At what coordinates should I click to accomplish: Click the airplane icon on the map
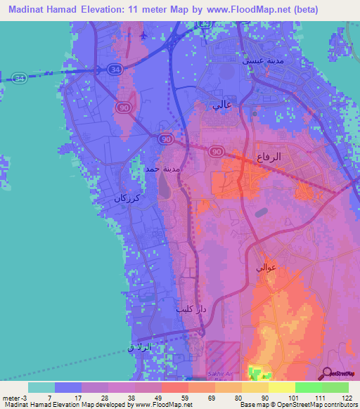pos(144,34)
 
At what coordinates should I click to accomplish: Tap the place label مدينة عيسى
pos(262,61)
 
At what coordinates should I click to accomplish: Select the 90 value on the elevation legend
pos(264,398)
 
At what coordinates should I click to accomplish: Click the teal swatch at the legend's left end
pos(41,387)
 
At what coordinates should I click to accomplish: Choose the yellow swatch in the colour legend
pos(281,387)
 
